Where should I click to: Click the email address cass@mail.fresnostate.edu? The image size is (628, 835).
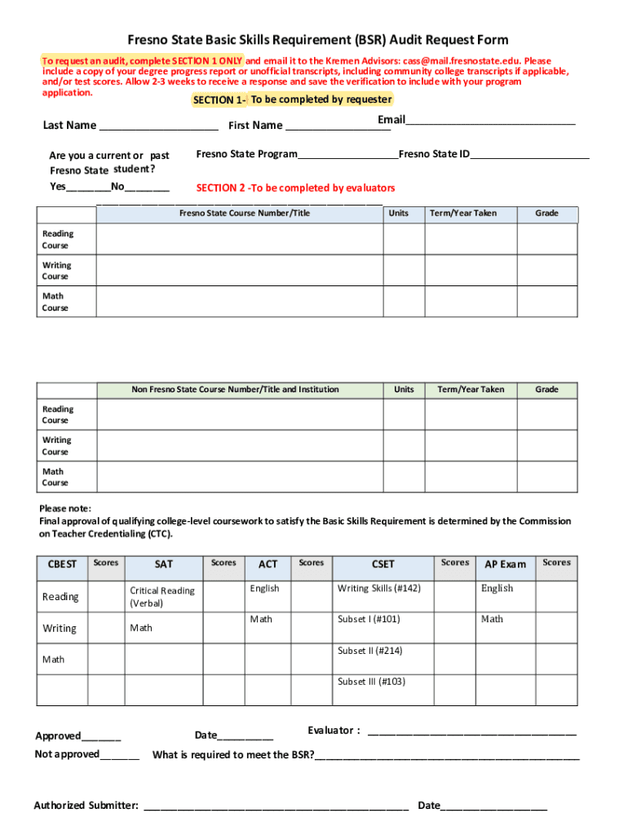tap(462, 61)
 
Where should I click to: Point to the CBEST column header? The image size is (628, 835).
tap(62, 564)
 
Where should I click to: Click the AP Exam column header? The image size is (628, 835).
tap(506, 564)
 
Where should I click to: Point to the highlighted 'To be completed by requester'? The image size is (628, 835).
tap(321, 99)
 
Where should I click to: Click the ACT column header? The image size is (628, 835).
tap(268, 564)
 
